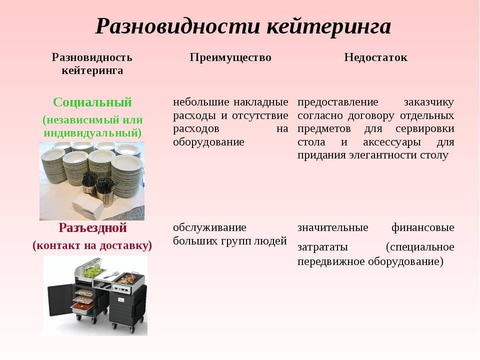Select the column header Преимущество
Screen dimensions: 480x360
[230, 57]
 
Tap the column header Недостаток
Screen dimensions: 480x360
[375, 57]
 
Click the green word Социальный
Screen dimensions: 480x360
[92, 102]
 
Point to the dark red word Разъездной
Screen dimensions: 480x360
[92, 228]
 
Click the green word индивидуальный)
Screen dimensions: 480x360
[93, 133]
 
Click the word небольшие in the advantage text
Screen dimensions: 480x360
[201, 102]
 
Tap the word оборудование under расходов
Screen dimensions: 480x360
[208, 142]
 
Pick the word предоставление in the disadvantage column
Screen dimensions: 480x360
[338, 102]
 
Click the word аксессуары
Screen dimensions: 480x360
[392, 142]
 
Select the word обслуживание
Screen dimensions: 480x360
[209, 228]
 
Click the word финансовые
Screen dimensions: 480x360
[423, 228]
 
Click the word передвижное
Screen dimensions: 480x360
[331, 261]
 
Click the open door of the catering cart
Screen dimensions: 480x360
[60, 299]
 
